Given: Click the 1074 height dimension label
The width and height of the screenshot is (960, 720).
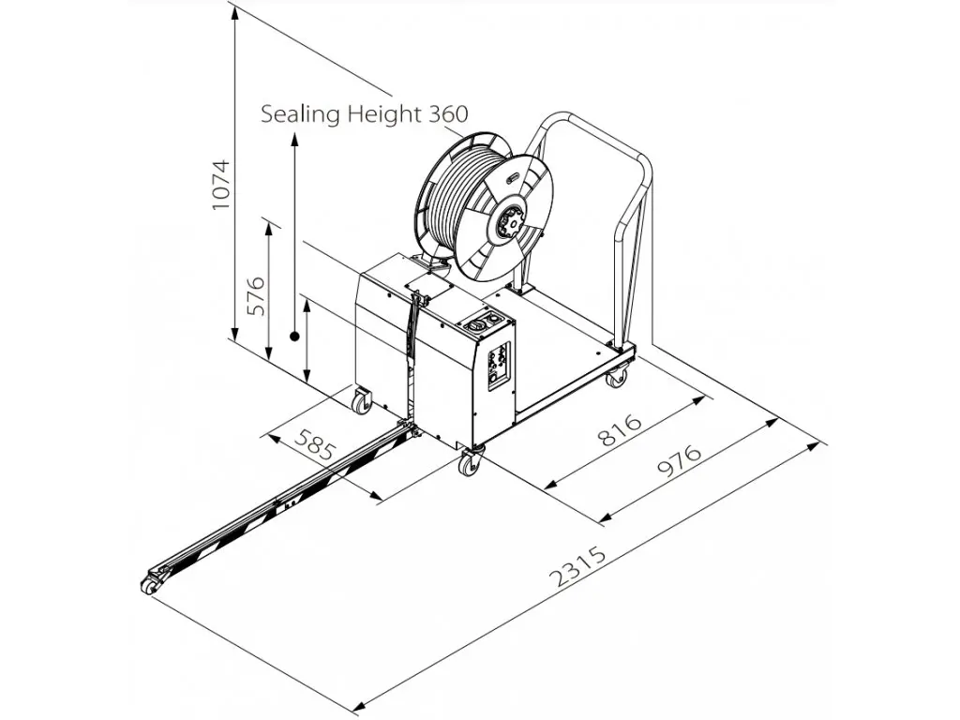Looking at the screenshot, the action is pyautogui.click(x=220, y=185).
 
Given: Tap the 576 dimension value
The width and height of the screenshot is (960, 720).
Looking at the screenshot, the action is pyautogui.click(x=256, y=295).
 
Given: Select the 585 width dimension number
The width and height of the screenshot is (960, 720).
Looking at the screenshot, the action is pyautogui.click(x=315, y=443).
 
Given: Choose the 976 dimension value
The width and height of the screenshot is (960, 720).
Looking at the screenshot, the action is pyautogui.click(x=680, y=459).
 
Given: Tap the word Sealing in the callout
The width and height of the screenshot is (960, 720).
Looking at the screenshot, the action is pyautogui.click(x=300, y=113).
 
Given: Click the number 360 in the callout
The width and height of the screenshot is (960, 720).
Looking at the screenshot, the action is pyautogui.click(x=448, y=113).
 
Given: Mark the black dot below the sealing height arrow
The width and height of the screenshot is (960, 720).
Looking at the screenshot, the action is pyautogui.click(x=294, y=337).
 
